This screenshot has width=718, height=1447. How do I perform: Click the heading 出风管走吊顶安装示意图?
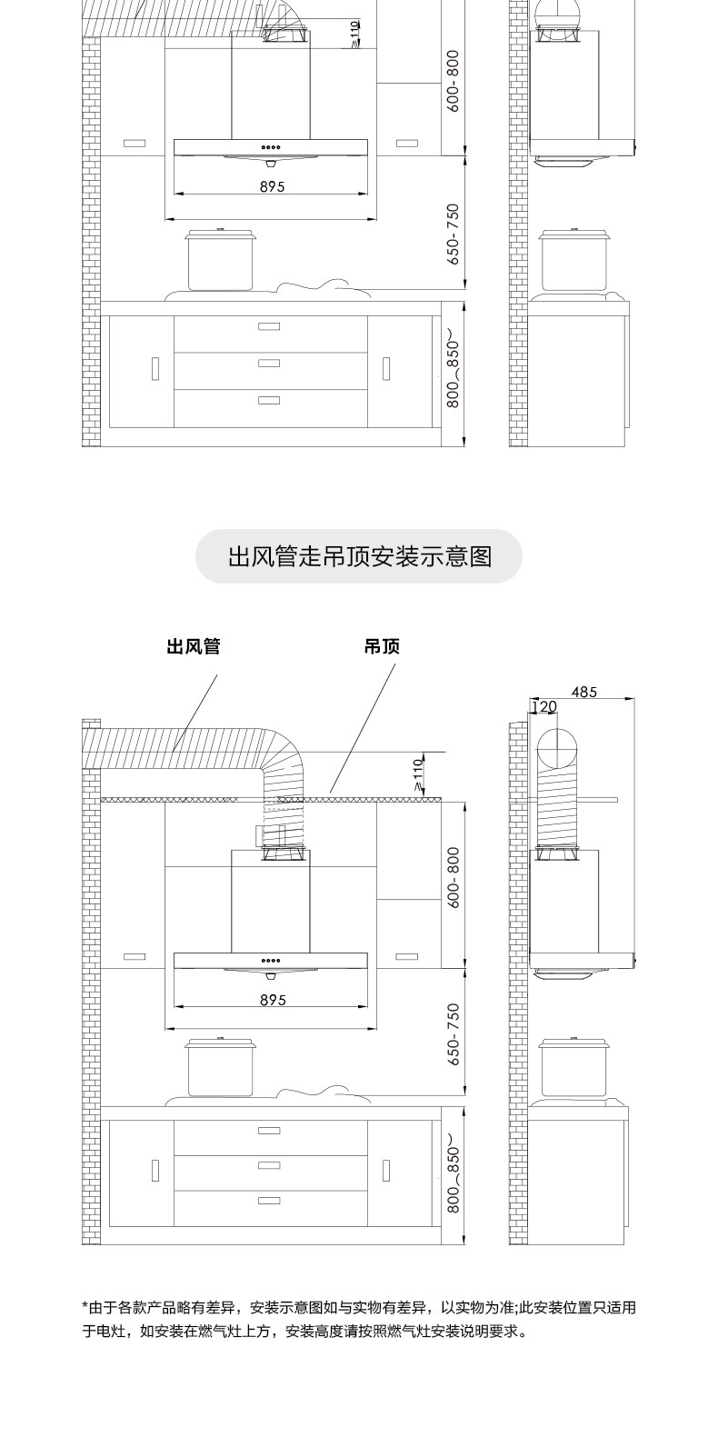[x=359, y=556]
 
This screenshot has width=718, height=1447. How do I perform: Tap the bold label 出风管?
[x=193, y=646]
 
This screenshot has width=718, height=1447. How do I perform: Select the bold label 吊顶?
[x=382, y=646]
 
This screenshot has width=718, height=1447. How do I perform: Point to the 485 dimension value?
[x=584, y=692]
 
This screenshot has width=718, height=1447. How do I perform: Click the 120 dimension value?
[x=543, y=707]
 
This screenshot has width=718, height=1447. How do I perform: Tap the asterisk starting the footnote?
[x=85, y=1305]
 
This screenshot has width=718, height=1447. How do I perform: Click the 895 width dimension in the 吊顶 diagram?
[x=272, y=1000]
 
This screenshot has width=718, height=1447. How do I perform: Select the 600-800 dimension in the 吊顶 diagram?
[x=454, y=876]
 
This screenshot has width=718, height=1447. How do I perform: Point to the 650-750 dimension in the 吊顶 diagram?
[x=454, y=1034]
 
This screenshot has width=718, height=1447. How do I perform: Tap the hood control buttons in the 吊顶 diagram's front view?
[x=271, y=961]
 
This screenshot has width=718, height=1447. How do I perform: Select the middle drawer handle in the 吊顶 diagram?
[x=269, y=1165]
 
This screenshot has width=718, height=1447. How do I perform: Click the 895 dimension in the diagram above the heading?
[x=272, y=186]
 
